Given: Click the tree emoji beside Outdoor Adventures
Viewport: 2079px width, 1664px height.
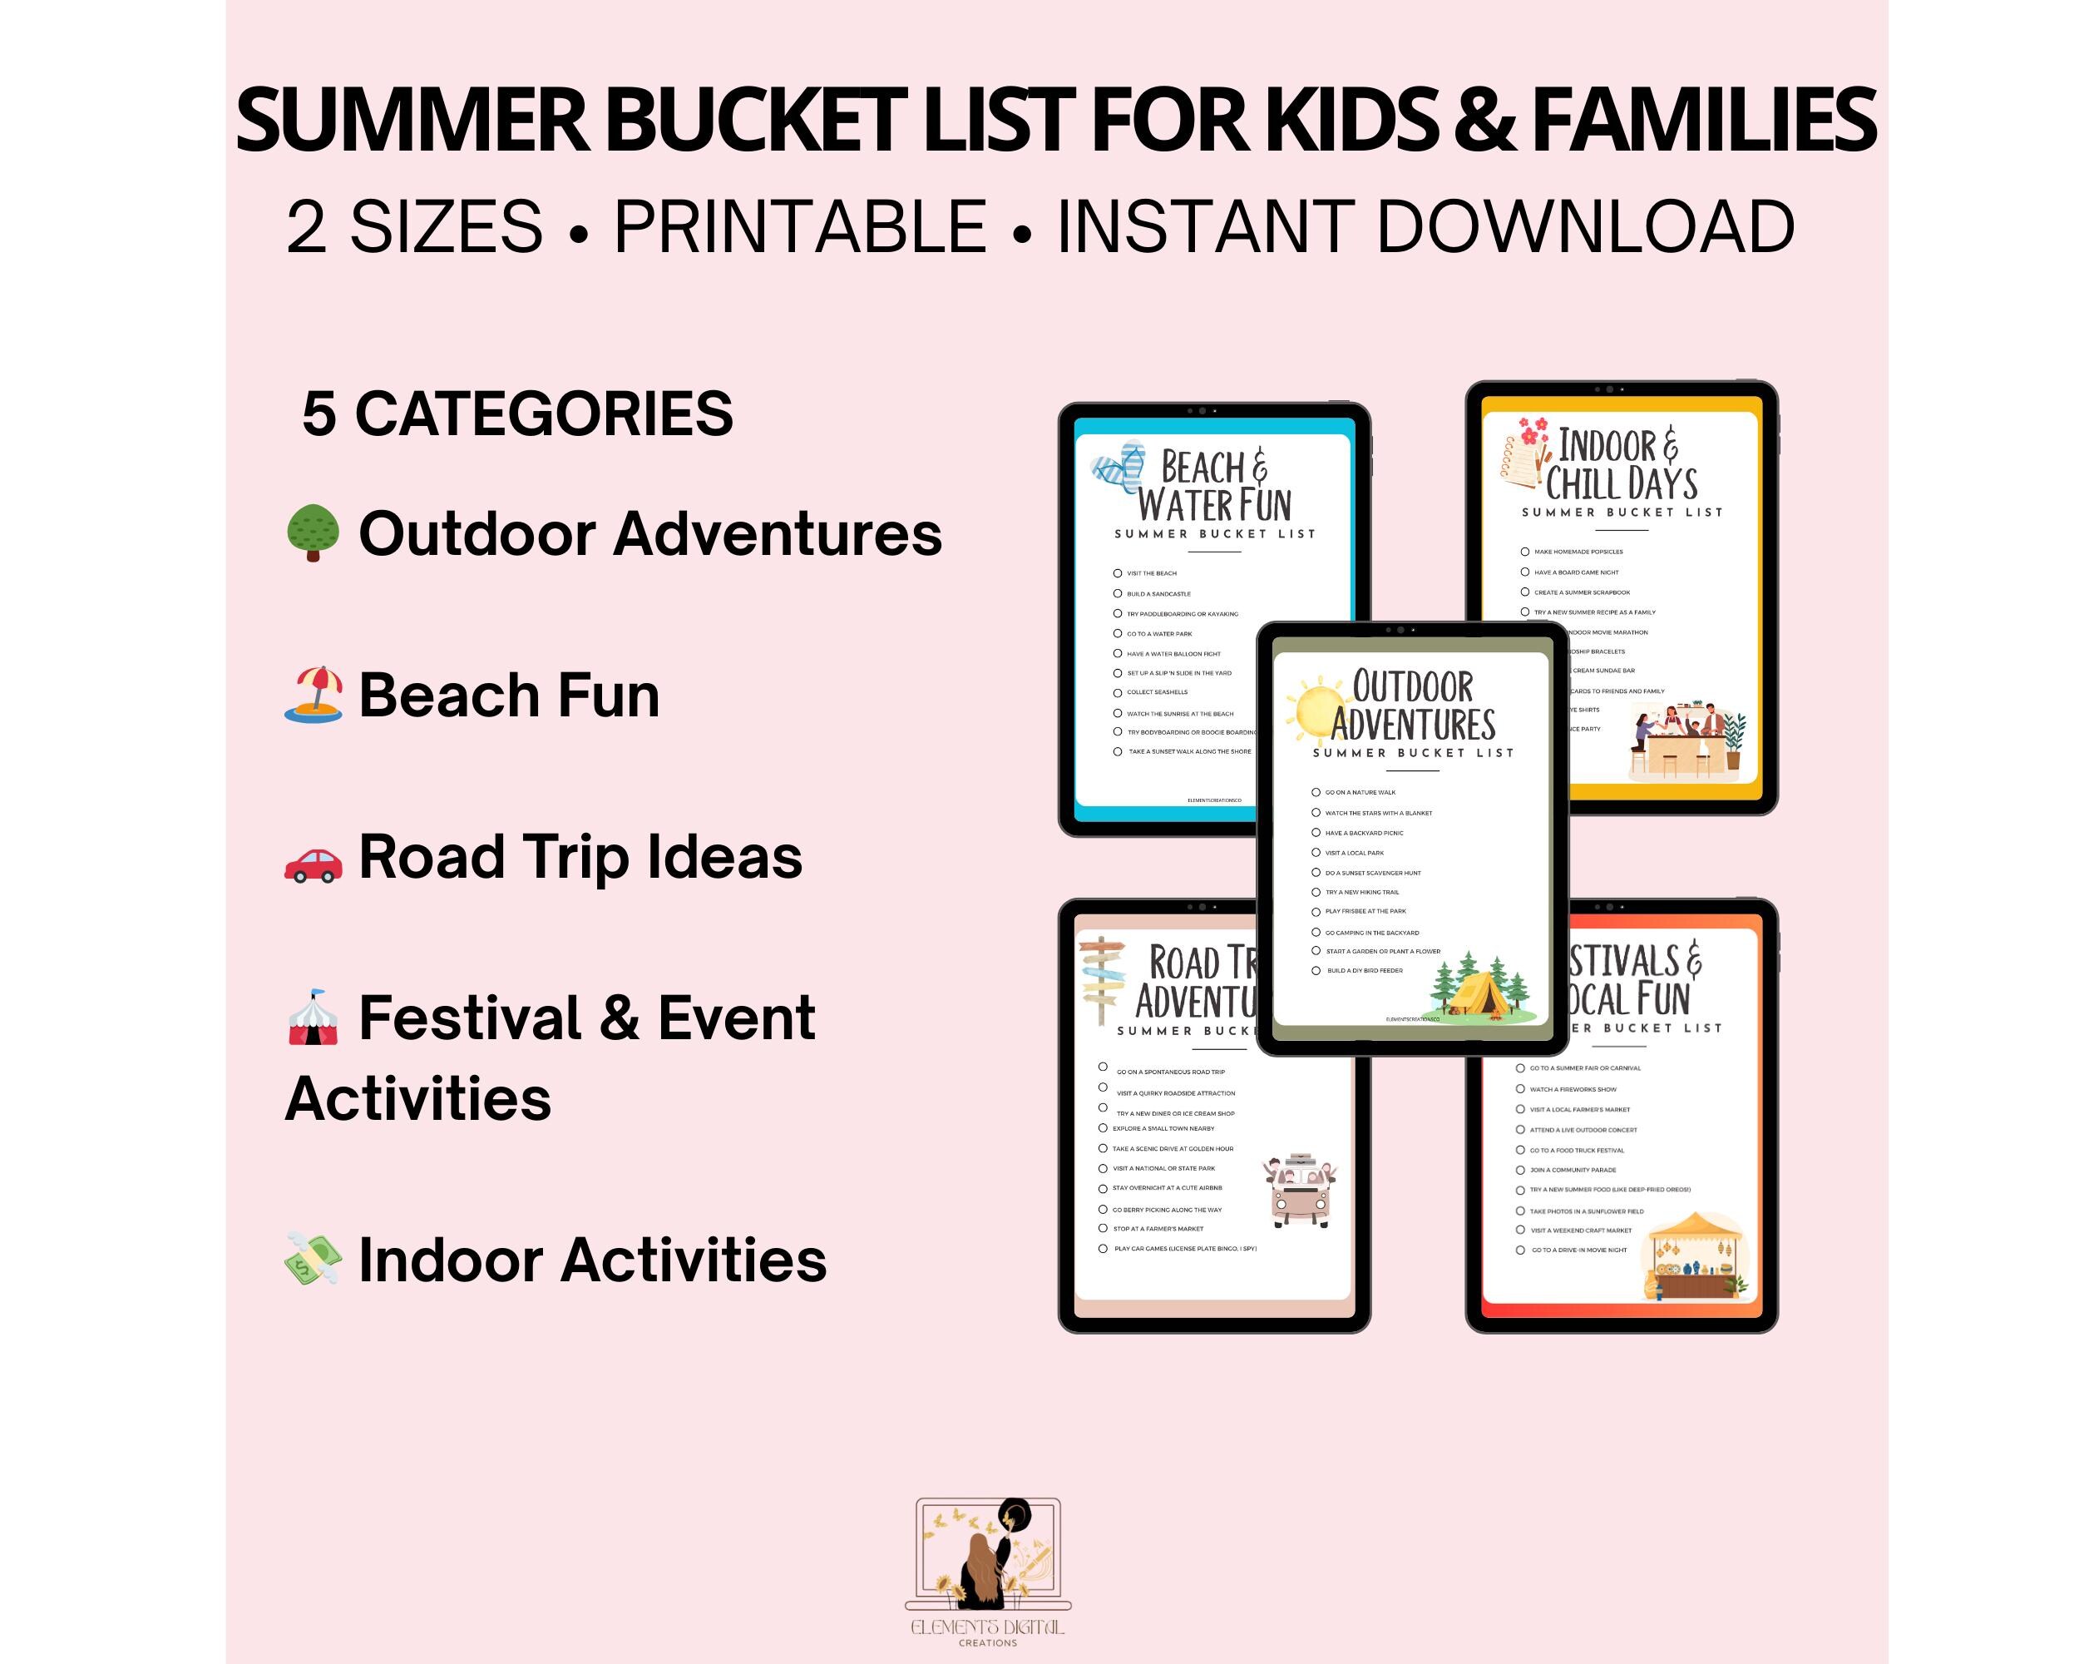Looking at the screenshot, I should tap(313, 532).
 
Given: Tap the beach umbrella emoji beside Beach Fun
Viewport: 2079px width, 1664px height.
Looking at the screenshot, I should tap(314, 695).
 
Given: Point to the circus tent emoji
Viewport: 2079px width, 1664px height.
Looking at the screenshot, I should tap(313, 1018).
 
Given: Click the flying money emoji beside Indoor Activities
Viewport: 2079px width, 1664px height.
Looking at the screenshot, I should tap(313, 1259).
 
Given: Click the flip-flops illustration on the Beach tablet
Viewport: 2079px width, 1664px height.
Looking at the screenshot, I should tap(1119, 468).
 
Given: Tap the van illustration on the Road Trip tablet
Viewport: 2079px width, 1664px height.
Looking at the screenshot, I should tap(1301, 1191).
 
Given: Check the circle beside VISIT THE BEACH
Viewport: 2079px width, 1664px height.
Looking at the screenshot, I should tap(1118, 573).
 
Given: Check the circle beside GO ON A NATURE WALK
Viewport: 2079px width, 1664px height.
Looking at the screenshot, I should tap(1316, 792).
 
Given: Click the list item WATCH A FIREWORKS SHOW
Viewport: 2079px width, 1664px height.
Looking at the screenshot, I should tap(1573, 1089).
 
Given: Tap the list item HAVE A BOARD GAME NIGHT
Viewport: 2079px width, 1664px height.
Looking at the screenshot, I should tap(1576, 572).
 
